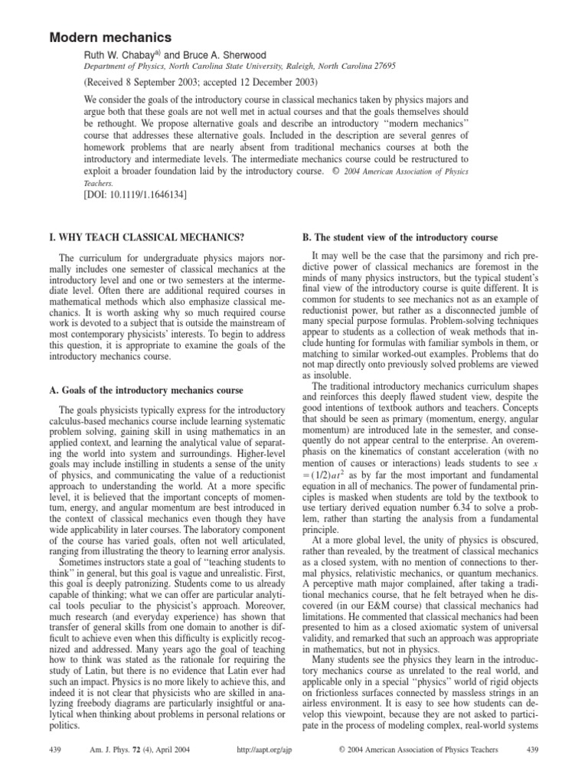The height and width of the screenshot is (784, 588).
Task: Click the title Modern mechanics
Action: coord(111,37)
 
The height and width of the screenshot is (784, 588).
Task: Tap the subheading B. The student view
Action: coord(406,238)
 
